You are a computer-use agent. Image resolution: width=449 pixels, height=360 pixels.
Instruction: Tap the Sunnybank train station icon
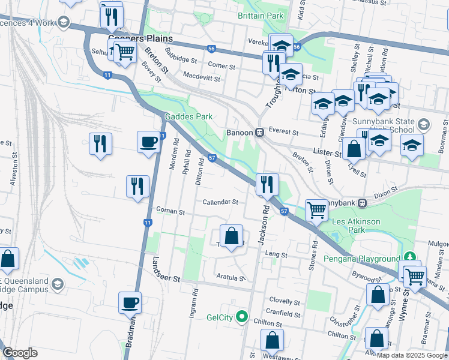363,203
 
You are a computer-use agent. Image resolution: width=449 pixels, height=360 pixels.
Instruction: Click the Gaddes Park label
189,116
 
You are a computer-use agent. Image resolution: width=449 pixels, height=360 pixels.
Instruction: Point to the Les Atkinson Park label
356,226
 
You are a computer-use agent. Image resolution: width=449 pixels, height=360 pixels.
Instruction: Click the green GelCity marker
242,316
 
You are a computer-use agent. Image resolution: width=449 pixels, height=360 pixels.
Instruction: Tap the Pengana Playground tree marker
410,257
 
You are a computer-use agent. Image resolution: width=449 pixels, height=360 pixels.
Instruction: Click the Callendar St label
220,202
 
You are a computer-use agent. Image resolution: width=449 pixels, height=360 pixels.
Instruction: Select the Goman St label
170,211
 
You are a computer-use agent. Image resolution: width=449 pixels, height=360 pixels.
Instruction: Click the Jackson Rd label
262,225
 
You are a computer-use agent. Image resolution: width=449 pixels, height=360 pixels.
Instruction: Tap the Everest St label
283,131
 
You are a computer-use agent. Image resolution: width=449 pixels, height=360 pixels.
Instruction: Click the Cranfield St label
283,313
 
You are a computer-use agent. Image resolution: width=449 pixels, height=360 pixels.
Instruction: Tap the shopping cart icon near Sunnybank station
316,209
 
